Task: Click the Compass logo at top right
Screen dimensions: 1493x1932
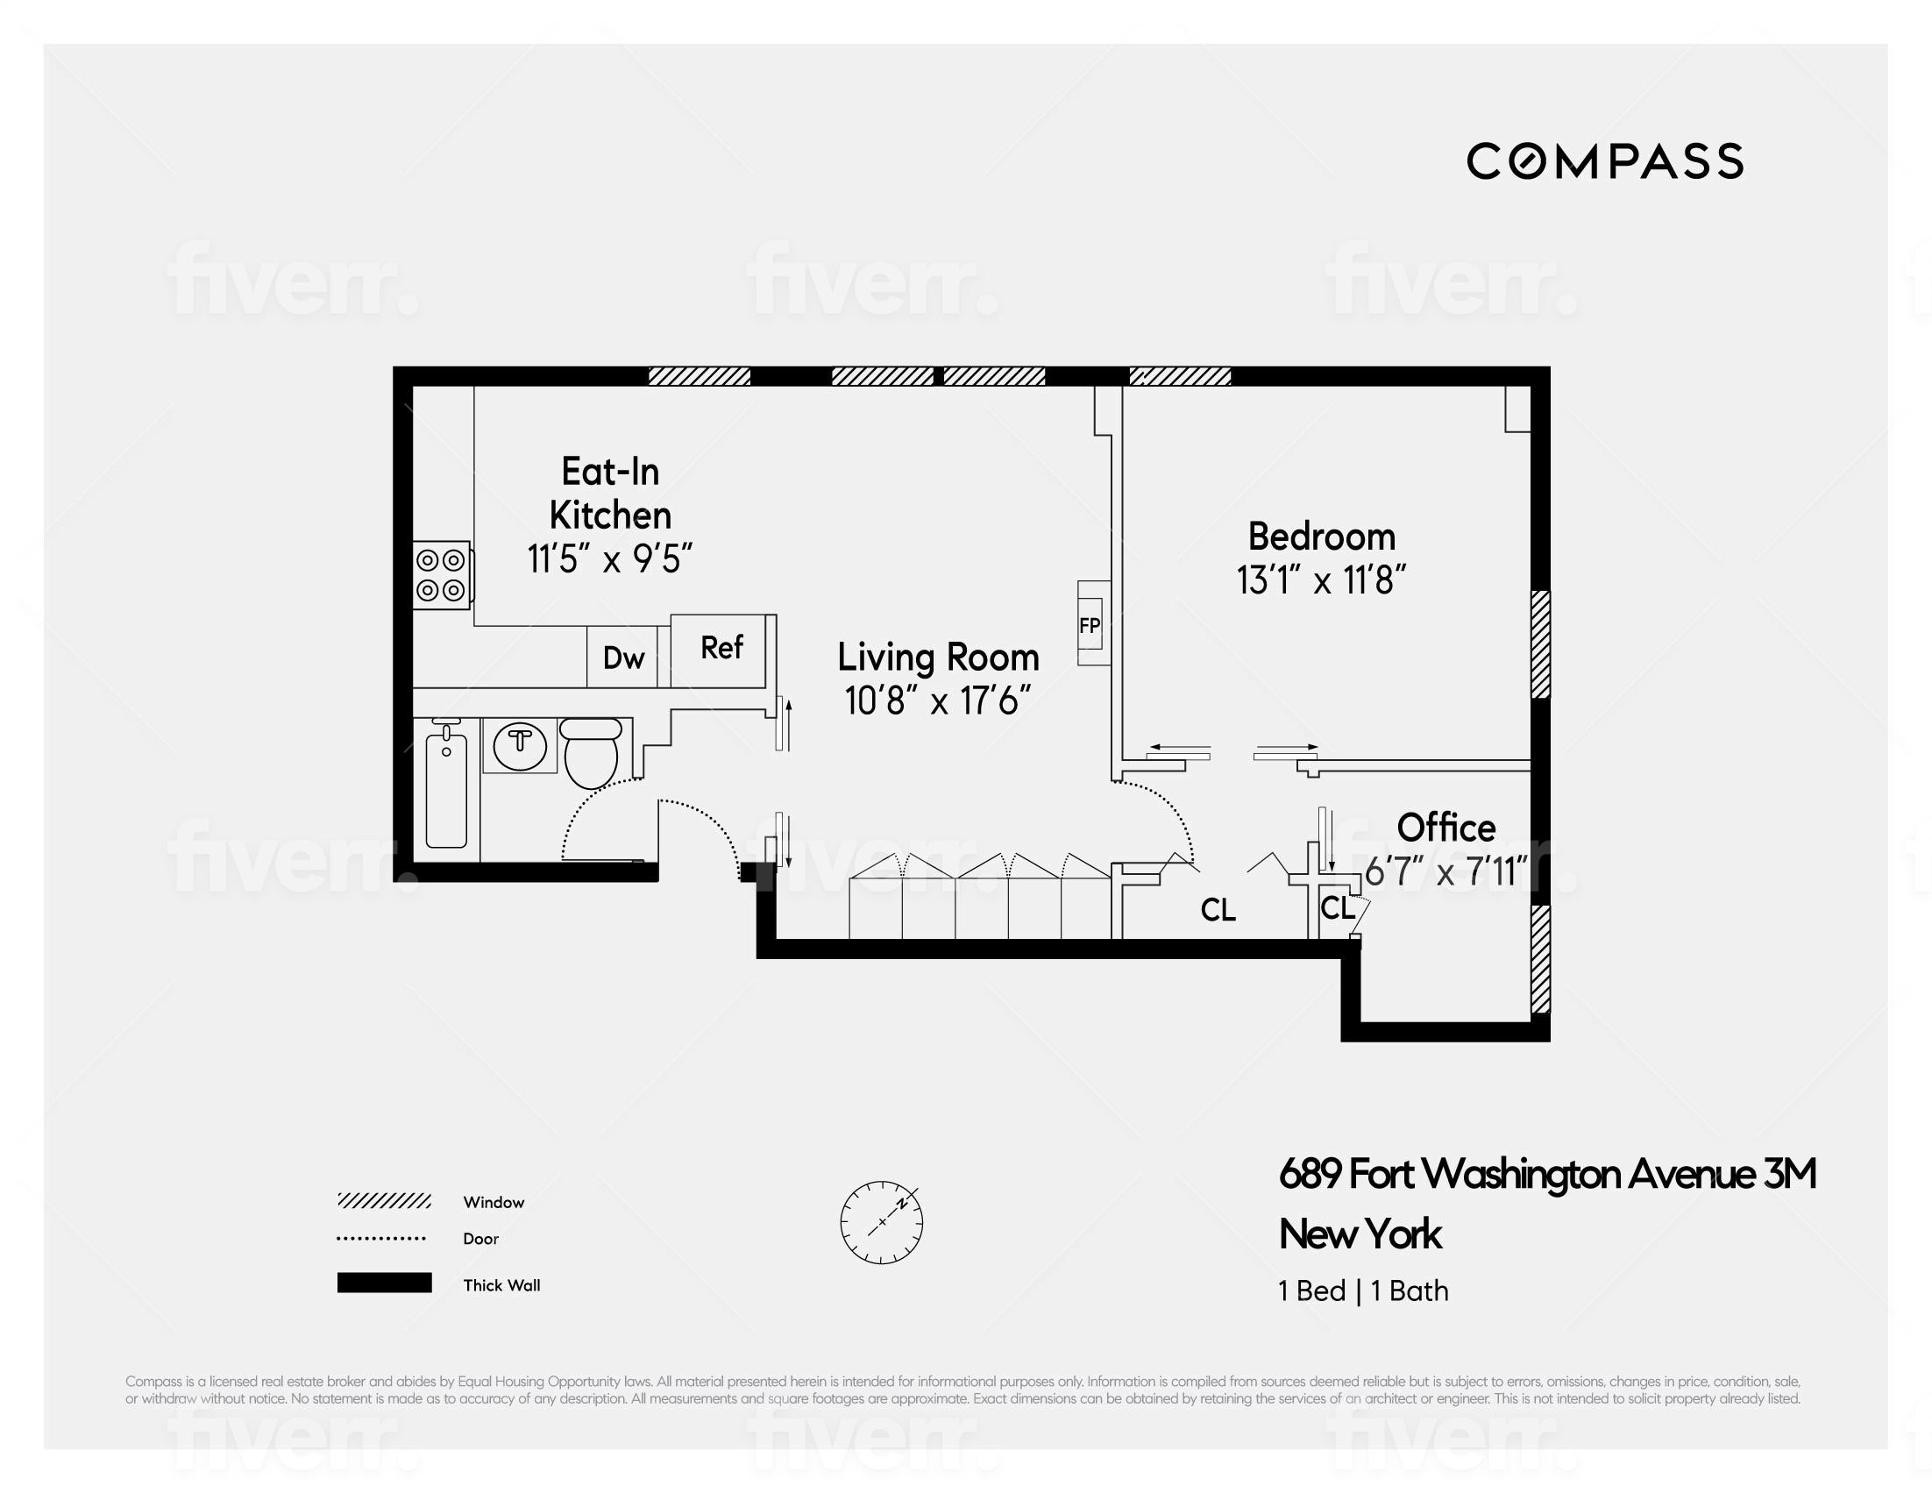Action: (1605, 162)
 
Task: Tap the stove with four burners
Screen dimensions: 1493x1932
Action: (442, 575)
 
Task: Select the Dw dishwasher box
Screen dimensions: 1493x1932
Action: (622, 658)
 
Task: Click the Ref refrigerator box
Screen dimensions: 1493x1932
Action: (720, 650)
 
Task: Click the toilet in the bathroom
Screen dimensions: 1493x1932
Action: (591, 753)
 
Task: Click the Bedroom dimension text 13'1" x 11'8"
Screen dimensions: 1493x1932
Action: (1321, 581)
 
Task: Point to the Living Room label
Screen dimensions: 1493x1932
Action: (938, 658)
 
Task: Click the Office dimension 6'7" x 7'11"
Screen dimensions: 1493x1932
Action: (1445, 873)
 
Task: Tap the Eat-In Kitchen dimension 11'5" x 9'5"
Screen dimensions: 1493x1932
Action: (609, 559)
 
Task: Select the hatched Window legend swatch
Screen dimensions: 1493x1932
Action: (384, 1201)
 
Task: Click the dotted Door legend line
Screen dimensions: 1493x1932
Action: (381, 1238)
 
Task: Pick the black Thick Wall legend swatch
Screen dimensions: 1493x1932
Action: (384, 1283)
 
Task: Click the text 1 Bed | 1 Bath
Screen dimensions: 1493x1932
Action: (1363, 1290)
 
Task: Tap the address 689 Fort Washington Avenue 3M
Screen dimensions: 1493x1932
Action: (1547, 1175)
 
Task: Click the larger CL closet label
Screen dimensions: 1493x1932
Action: (1218, 910)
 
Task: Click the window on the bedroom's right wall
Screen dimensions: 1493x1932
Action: (1540, 643)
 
